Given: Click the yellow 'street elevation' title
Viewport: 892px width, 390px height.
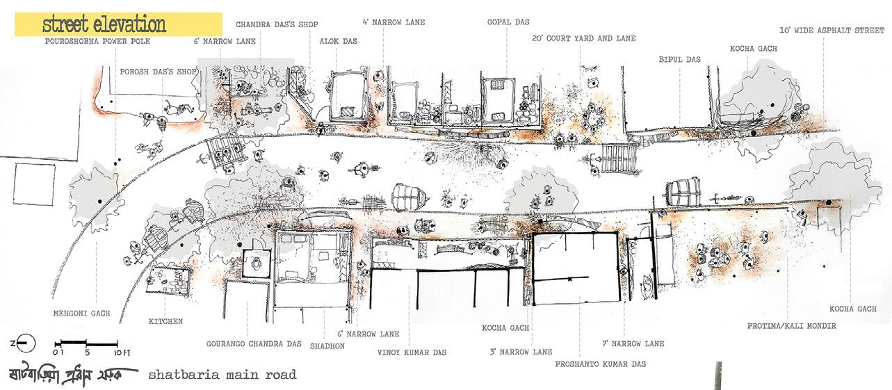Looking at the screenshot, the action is (x=104, y=25).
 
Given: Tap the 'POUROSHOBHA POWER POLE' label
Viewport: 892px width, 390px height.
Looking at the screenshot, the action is (x=97, y=42).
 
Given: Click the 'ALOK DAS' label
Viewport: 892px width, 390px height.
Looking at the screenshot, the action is (x=338, y=42).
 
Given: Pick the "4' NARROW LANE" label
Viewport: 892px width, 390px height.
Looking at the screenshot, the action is (x=394, y=23).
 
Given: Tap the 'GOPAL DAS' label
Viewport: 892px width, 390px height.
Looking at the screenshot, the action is (x=508, y=23).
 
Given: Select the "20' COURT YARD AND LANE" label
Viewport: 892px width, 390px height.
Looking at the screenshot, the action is (x=583, y=39).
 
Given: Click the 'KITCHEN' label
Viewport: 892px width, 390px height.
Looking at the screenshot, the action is (x=165, y=322).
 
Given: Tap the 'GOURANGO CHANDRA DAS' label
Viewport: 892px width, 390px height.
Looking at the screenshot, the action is (x=254, y=343).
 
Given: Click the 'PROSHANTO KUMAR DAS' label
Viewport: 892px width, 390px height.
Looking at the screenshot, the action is (x=601, y=364).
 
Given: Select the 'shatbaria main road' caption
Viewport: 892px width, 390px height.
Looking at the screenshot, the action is (x=222, y=375).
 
